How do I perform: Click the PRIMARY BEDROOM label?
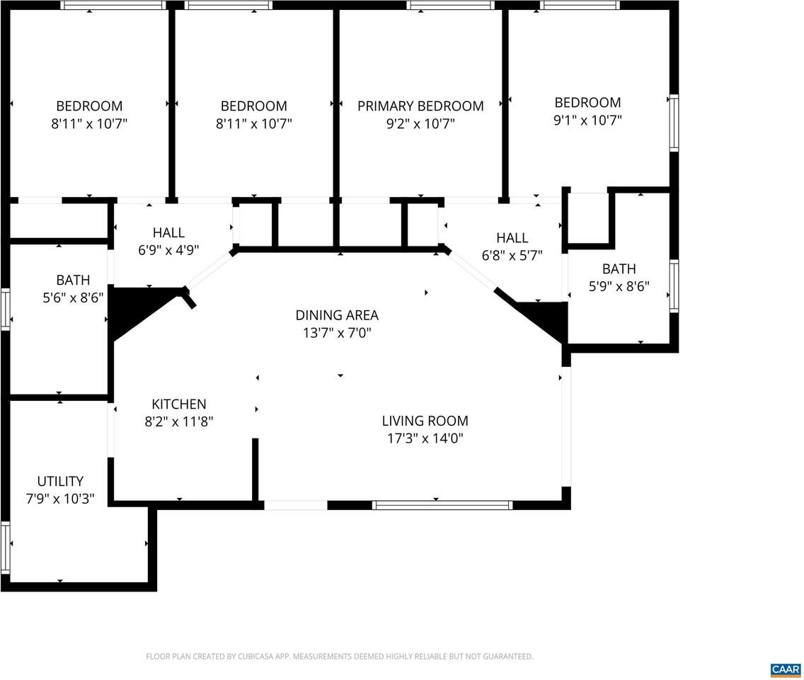(x=420, y=106)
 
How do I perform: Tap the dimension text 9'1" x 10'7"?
(x=587, y=120)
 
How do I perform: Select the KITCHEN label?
(x=178, y=404)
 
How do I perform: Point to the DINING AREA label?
(x=337, y=315)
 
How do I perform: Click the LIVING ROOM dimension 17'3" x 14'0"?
(x=425, y=438)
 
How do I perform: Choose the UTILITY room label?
(x=60, y=482)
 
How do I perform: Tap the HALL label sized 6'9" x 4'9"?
(x=168, y=232)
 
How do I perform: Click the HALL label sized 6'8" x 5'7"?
(x=512, y=238)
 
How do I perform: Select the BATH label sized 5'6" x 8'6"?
(x=73, y=280)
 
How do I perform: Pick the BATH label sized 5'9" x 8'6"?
(x=619, y=269)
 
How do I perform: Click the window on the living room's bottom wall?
(x=442, y=505)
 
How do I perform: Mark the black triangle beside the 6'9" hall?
(x=138, y=308)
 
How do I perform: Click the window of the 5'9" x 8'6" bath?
(x=674, y=286)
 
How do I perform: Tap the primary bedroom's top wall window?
(x=450, y=6)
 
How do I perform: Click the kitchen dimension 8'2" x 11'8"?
(x=178, y=421)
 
